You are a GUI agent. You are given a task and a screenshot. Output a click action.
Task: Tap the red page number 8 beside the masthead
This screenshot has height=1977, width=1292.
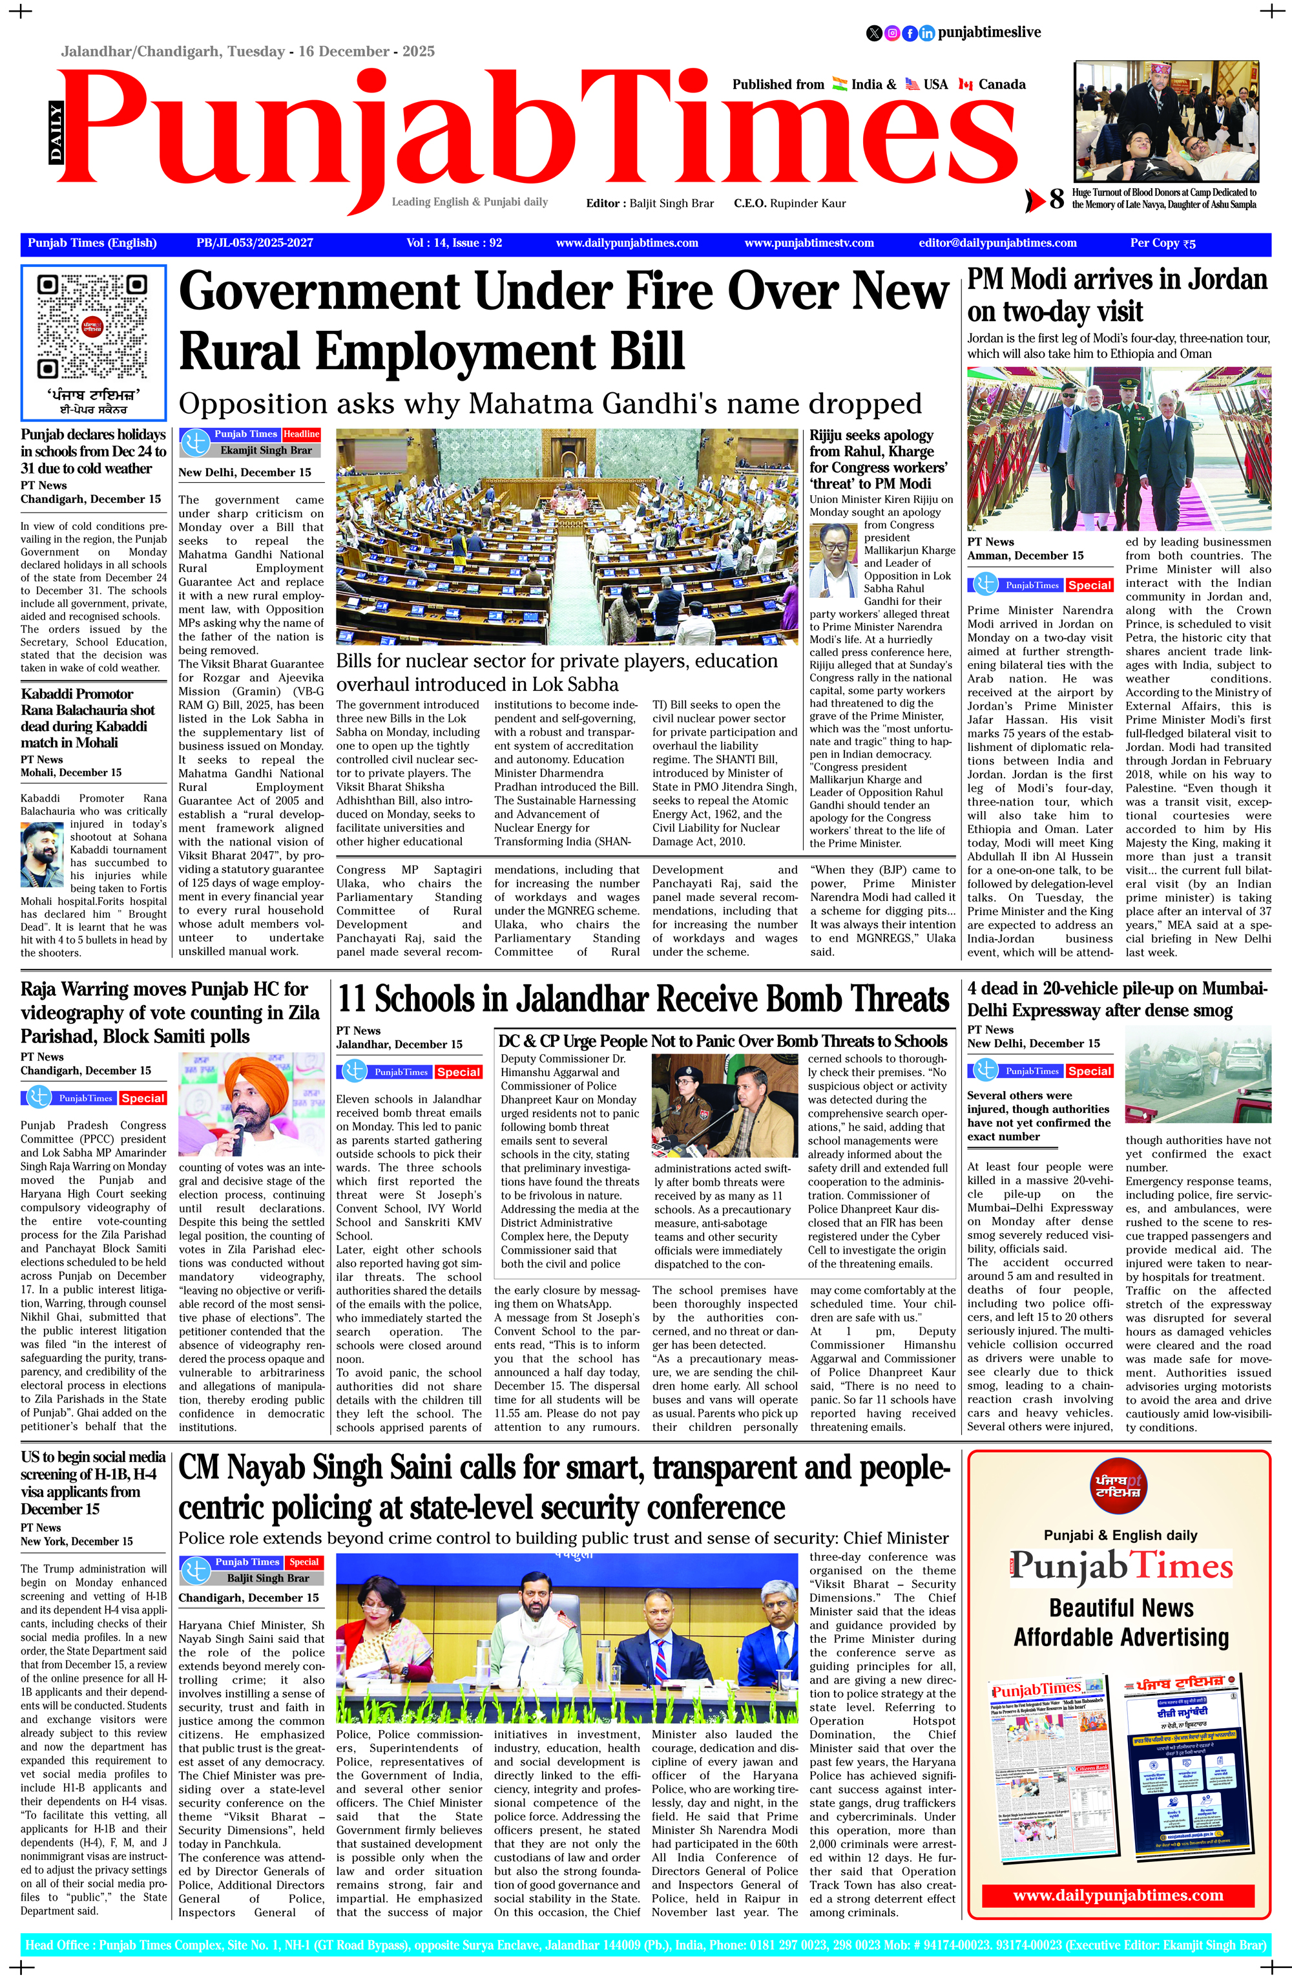pyautogui.click(x=1056, y=199)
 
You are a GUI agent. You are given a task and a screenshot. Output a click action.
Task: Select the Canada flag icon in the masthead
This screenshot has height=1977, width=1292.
pyautogui.click(x=965, y=85)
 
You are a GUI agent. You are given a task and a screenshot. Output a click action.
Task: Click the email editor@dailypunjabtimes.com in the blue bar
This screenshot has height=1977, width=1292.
pyautogui.click(x=997, y=242)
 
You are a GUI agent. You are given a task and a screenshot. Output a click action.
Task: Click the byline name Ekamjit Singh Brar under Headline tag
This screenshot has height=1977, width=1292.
pyautogui.click(x=266, y=450)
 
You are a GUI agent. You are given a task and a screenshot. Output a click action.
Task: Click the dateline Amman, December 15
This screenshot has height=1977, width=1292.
pyautogui.click(x=1025, y=556)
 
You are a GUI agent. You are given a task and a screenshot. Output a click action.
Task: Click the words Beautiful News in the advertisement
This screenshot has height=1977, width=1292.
pyautogui.click(x=1121, y=1608)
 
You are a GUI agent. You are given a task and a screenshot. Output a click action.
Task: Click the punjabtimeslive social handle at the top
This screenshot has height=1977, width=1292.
pyautogui.click(x=989, y=32)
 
